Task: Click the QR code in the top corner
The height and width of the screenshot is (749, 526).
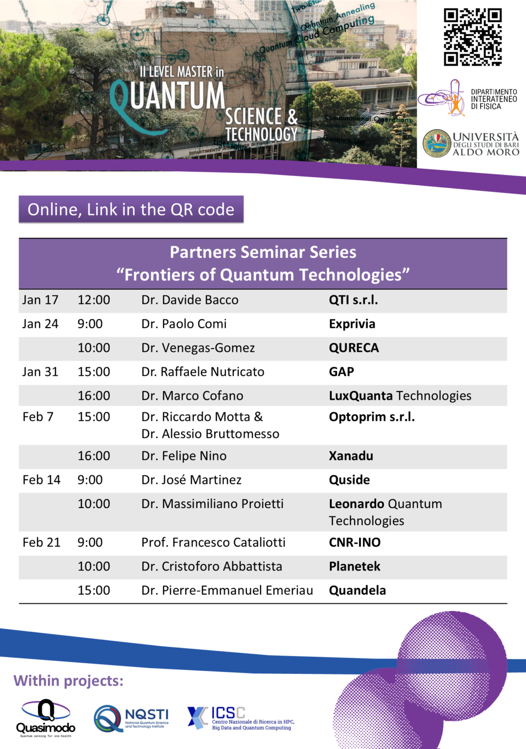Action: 472,37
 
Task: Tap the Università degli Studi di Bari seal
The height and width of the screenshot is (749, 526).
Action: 437,143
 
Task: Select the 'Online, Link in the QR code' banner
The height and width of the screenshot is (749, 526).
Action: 131,210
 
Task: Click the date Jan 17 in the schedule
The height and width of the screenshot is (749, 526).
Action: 40,300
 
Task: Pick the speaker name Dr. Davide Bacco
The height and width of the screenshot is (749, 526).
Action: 190,300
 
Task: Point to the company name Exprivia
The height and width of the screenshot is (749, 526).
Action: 352,324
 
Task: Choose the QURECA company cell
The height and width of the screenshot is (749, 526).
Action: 354,348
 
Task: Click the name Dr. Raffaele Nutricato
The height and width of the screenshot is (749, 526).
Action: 202,372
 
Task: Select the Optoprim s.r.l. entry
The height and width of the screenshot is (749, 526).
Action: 371,417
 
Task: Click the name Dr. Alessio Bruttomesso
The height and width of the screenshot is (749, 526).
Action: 210,434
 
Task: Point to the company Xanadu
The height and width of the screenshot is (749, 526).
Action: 351,456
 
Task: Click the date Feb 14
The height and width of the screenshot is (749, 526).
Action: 41,480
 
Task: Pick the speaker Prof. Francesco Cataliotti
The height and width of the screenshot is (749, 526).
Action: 213,542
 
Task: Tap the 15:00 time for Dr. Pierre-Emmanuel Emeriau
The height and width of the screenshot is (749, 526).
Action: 94,591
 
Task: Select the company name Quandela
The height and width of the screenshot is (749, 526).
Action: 357,591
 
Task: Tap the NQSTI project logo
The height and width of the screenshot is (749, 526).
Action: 131,718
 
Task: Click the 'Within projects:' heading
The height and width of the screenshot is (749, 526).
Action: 68,681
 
